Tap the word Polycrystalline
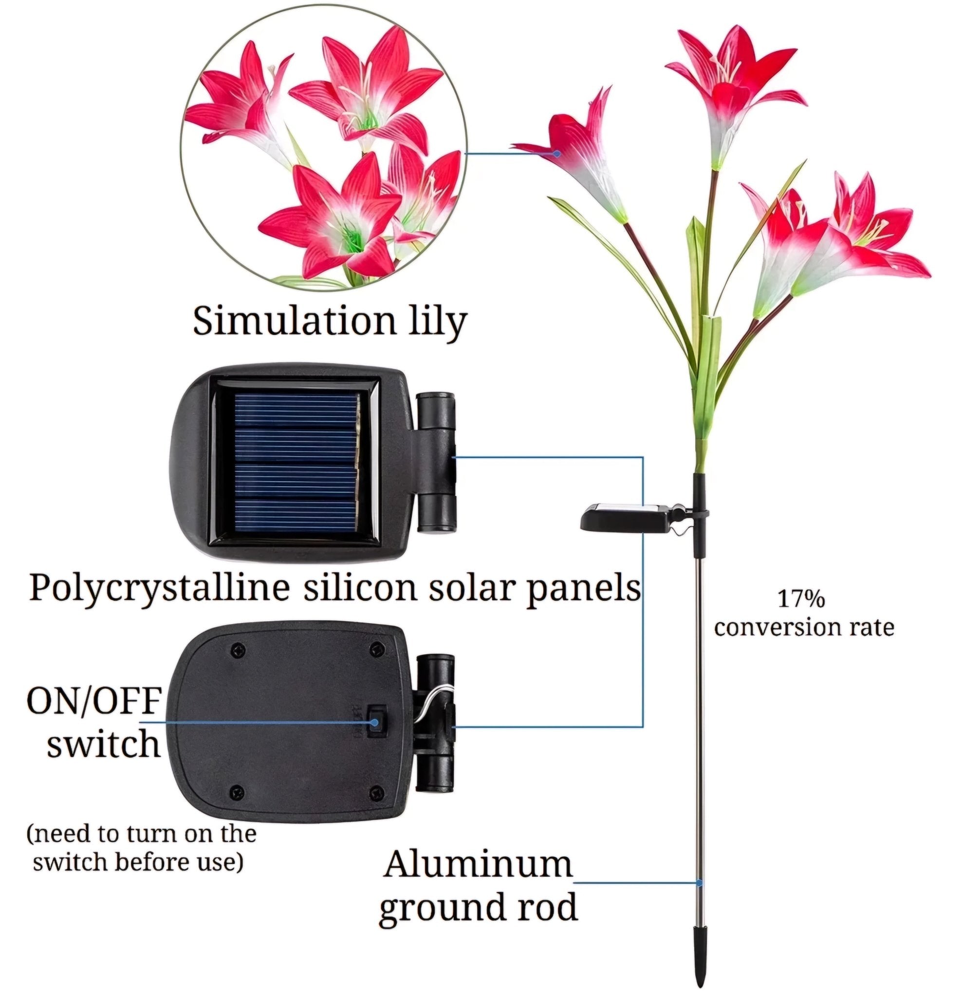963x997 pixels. (x=159, y=588)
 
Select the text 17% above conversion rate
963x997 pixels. (x=801, y=599)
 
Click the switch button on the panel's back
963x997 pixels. (x=375, y=721)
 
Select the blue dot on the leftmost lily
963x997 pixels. (x=557, y=153)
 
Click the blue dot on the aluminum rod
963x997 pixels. (x=700, y=882)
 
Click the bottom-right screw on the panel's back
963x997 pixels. (x=376, y=792)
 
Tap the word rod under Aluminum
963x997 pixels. (x=551, y=907)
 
